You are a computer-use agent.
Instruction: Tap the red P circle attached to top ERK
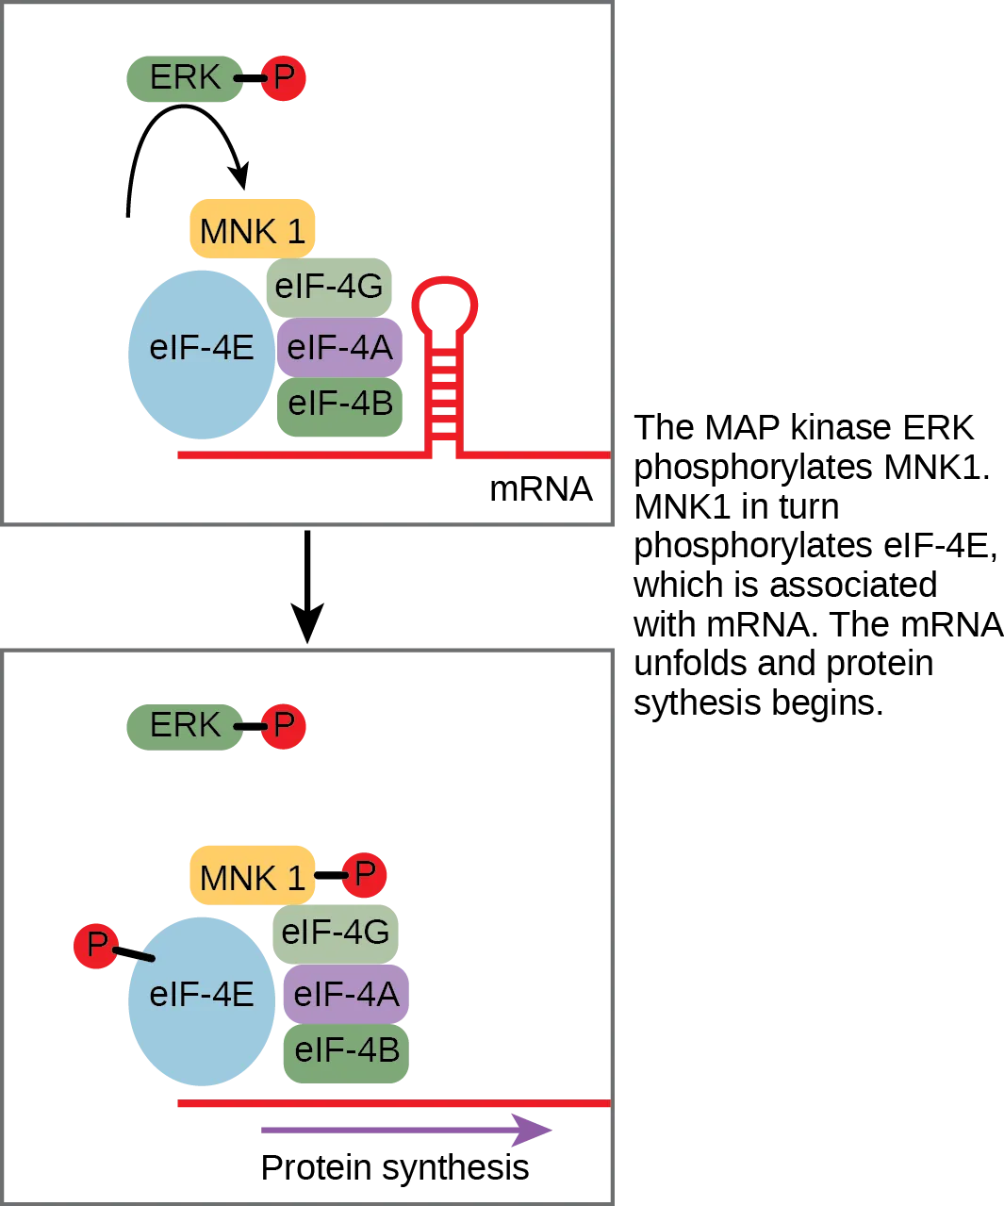pyautogui.click(x=283, y=78)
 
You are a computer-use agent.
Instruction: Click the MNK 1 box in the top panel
pyautogui.click(x=252, y=230)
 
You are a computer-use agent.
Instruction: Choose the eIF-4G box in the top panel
pyautogui.click(x=328, y=286)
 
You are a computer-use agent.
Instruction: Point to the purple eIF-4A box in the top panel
pyautogui.click(x=339, y=347)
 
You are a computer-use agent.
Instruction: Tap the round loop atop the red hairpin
pyautogui.click(x=444, y=304)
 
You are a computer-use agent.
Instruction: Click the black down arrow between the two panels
pyautogui.click(x=306, y=589)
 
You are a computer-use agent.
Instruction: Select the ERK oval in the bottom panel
pyautogui.click(x=184, y=726)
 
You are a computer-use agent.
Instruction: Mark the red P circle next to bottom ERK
pyautogui.click(x=283, y=726)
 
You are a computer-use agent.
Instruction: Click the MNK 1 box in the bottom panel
pyautogui.click(x=252, y=877)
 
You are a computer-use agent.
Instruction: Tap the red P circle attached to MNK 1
pyautogui.click(x=364, y=874)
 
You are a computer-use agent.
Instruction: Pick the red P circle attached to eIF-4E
pyautogui.click(x=96, y=945)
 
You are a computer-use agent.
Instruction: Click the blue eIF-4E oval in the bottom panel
pyautogui.click(x=201, y=999)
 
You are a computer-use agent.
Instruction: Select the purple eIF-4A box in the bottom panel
pyautogui.click(x=346, y=994)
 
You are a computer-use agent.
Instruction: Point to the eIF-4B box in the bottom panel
pyautogui.click(x=346, y=1051)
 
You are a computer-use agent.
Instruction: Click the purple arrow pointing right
pyautogui.click(x=405, y=1130)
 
